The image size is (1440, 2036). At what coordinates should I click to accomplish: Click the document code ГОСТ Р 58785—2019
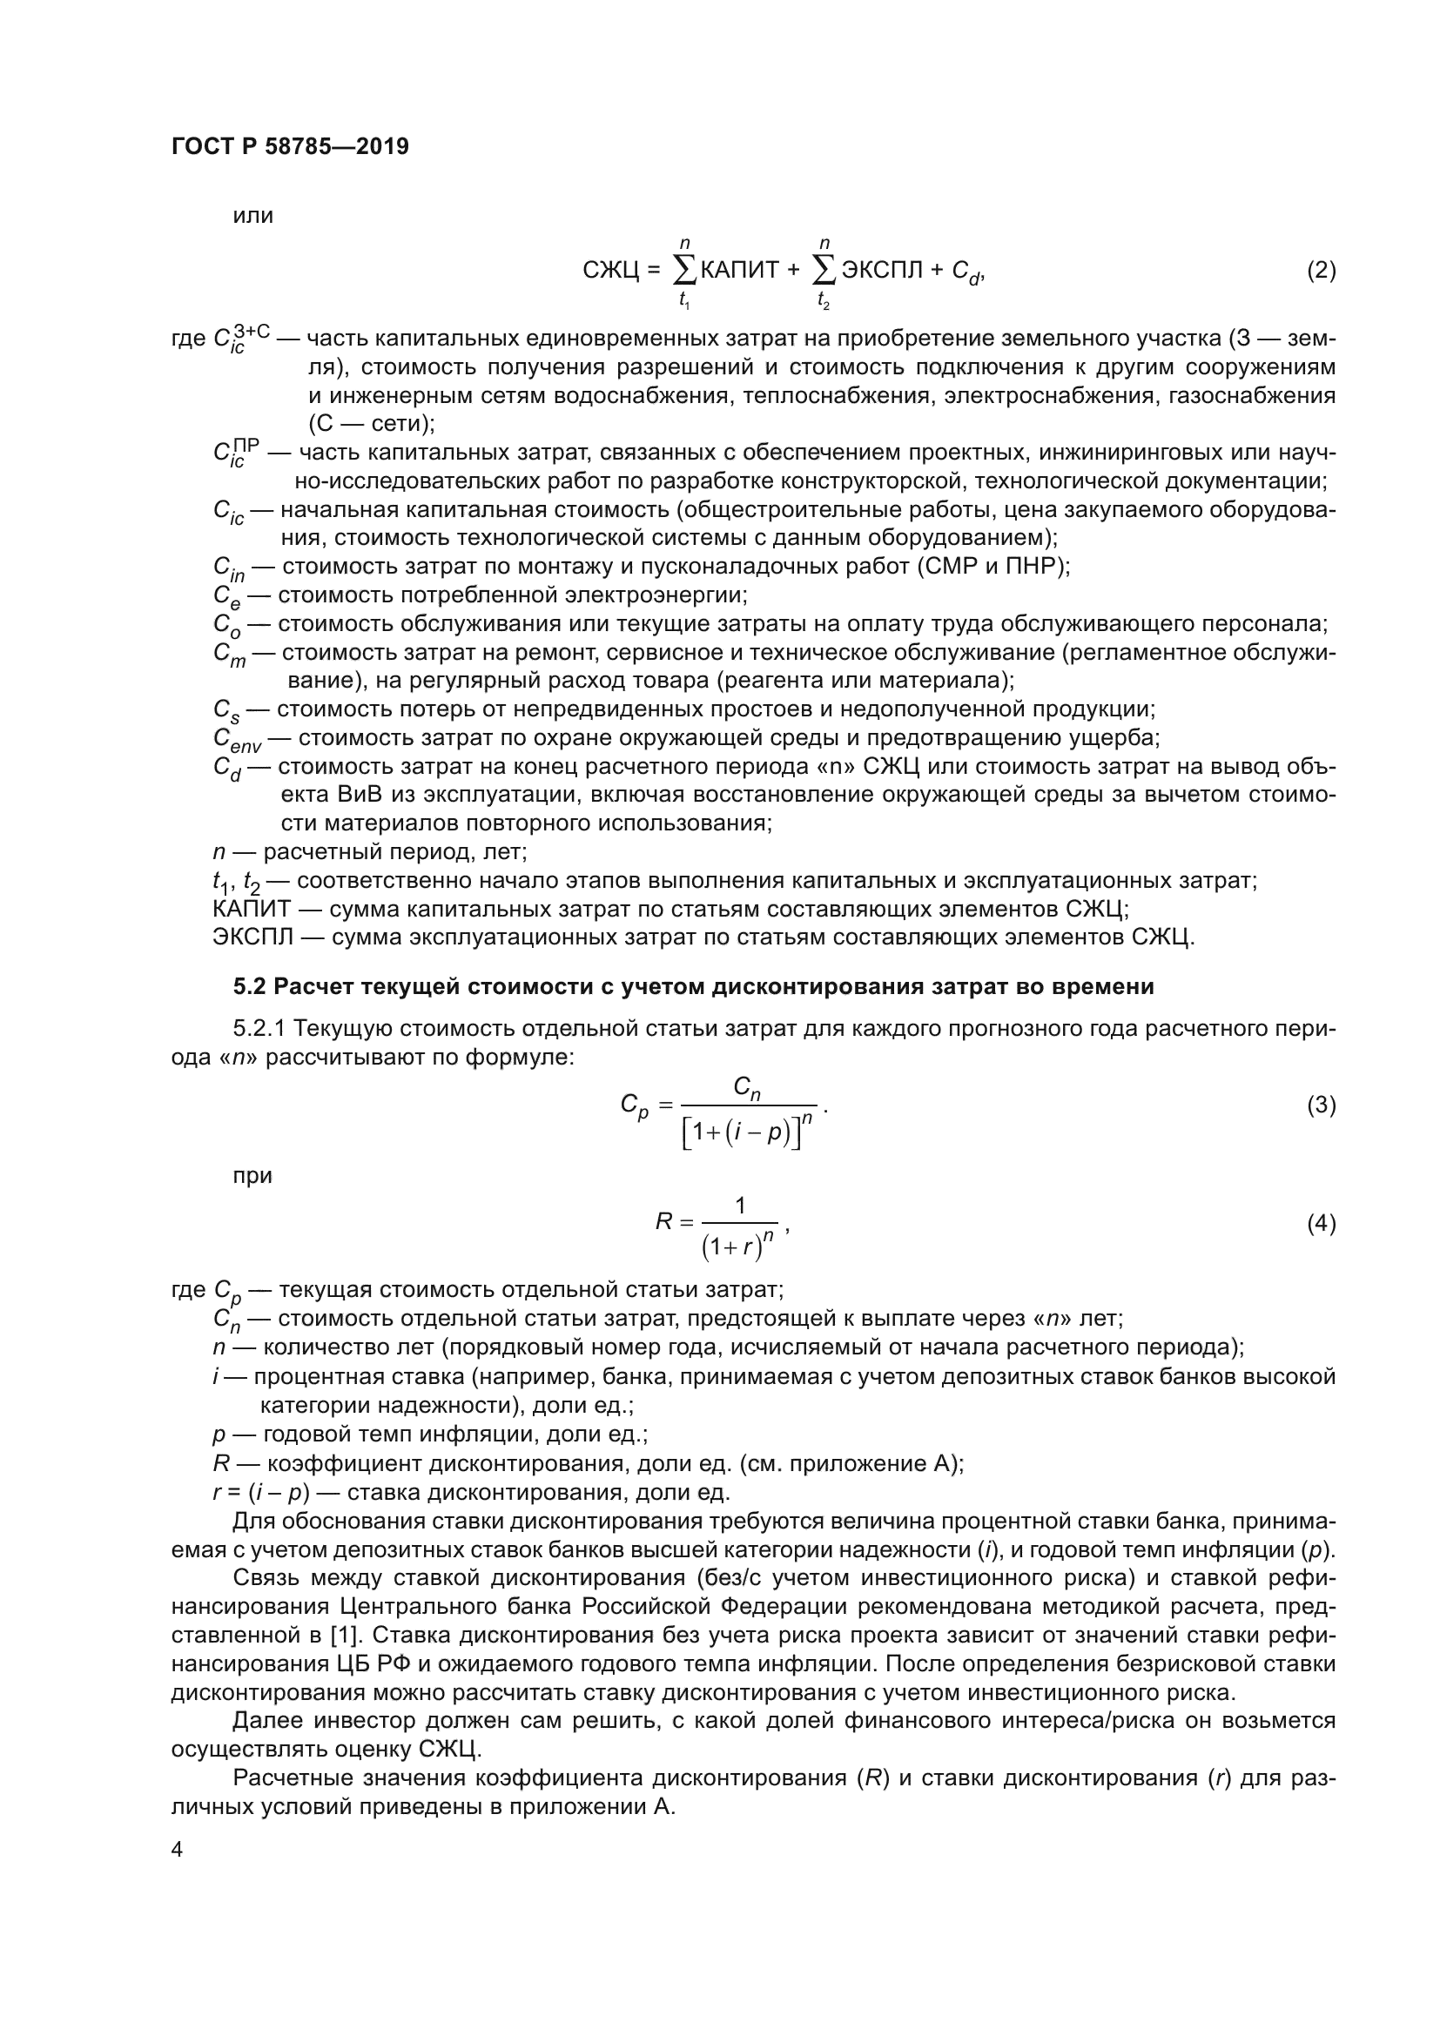290,146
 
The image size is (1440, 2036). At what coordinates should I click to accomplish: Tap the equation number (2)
1321,271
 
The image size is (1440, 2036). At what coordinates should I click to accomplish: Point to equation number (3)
1321,1105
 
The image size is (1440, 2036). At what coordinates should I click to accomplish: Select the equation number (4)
1321,1224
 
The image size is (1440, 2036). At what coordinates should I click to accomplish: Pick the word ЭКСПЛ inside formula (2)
881,271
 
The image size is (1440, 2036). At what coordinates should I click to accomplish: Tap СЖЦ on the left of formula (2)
610,271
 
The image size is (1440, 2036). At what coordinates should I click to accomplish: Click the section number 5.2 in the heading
250,987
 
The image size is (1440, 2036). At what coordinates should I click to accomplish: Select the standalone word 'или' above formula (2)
252,216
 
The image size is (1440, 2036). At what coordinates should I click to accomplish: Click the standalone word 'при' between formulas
252,1176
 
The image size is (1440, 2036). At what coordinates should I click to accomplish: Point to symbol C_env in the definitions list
237,740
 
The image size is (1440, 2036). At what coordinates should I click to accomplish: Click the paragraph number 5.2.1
259,1029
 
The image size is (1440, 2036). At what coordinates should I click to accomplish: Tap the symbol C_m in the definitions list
229,655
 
